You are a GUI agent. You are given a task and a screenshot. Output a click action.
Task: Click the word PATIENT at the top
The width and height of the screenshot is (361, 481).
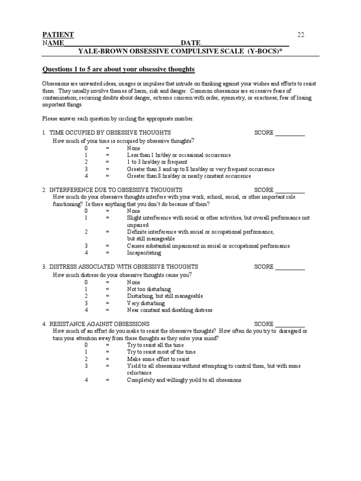pyautogui.click(x=58, y=35)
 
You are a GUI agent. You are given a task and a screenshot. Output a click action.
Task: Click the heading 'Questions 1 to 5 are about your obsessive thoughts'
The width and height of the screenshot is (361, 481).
pyautogui.click(x=118, y=69)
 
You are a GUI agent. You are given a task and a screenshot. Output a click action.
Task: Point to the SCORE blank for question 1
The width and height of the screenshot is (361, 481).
pyautogui.click(x=290, y=133)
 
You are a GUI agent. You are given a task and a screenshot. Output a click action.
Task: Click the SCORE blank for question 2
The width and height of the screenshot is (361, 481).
pyautogui.click(x=290, y=190)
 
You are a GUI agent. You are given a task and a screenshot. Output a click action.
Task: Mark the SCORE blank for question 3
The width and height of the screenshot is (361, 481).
pyautogui.click(x=290, y=267)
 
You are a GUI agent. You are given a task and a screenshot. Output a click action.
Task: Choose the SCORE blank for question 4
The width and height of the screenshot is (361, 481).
pyautogui.click(x=290, y=324)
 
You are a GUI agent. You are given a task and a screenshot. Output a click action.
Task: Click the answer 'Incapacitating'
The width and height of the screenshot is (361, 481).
pyautogui.click(x=144, y=253)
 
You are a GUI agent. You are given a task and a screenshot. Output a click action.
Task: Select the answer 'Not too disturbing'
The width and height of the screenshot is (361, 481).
pyautogui.click(x=149, y=289)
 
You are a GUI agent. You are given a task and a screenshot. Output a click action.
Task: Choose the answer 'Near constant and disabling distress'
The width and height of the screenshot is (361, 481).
pyautogui.click(x=170, y=310)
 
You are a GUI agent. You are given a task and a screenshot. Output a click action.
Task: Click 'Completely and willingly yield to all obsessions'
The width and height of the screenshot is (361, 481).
pyautogui.click(x=184, y=380)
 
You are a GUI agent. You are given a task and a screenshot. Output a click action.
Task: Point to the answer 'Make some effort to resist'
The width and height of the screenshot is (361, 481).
pyautogui.click(x=158, y=359)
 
